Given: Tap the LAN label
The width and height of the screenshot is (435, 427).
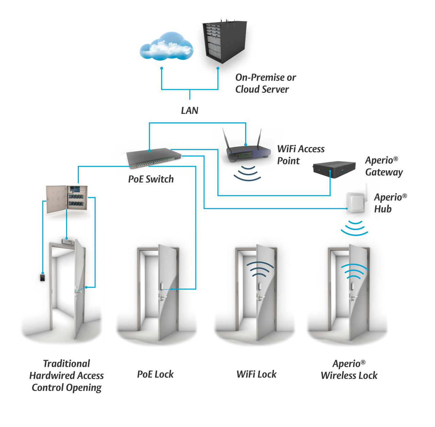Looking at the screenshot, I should pos(189,110).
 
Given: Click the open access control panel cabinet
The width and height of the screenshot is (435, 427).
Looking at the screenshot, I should pos(67,199).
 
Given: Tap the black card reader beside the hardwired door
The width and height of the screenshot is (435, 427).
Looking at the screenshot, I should pos(42,277).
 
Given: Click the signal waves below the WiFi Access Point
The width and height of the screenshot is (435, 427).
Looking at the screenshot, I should pos(247,173).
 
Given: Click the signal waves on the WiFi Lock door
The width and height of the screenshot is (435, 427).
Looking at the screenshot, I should pos(260,270).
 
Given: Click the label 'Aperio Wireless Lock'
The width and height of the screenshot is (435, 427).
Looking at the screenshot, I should pos(349,370).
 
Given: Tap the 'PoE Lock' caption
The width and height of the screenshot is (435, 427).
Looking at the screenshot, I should pos(155,374).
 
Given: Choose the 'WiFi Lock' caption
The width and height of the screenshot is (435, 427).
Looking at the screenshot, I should pos(256,374).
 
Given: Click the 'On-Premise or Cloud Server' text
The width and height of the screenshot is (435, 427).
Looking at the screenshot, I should pos(265,83).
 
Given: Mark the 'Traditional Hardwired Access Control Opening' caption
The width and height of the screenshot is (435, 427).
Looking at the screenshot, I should pos(67,375).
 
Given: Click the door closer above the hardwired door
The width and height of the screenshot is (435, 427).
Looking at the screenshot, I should pos(68,241).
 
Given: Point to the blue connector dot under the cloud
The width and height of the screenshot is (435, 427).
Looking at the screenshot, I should pos(162,68).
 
